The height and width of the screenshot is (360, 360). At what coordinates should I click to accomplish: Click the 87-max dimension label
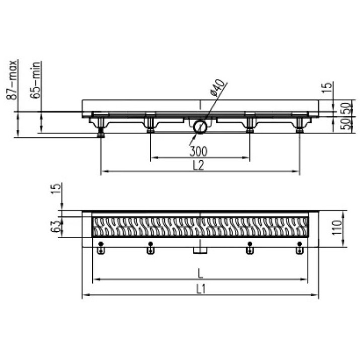click(x=12, y=80)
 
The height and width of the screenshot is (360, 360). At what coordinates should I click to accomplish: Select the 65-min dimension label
click(x=36, y=80)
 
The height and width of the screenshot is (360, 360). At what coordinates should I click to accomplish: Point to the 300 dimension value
click(x=198, y=152)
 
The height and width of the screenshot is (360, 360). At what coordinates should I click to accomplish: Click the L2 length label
click(x=198, y=165)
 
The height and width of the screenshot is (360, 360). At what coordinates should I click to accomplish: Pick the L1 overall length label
click(x=201, y=290)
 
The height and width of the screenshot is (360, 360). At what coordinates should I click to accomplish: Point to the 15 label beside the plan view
click(x=56, y=188)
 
